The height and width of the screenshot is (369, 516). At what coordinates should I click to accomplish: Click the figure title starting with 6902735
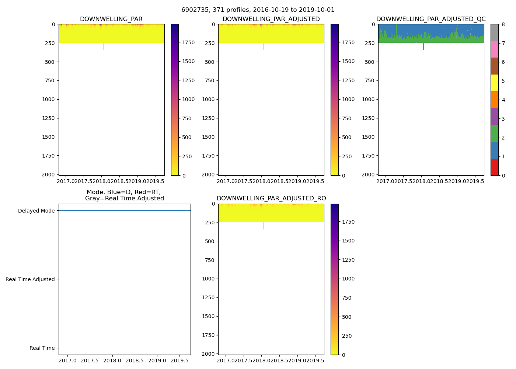tap(258, 10)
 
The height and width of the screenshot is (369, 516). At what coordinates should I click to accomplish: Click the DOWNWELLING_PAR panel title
tap(111, 19)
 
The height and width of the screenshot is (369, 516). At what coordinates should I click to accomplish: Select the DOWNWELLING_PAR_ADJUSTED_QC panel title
tap(430, 19)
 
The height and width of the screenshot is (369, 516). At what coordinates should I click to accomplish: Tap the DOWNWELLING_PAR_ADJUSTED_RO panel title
tap(271, 199)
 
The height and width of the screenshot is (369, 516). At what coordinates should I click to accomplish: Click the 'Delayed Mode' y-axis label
tap(36, 211)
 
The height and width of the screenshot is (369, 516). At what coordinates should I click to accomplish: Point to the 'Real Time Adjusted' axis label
tap(30, 279)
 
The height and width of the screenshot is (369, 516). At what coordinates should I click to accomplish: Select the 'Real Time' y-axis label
tap(42, 348)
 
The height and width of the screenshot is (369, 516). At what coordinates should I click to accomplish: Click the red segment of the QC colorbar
tap(494, 167)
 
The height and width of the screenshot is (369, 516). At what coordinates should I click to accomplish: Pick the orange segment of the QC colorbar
tap(494, 100)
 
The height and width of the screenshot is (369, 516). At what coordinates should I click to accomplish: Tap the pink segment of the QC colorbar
tap(494, 49)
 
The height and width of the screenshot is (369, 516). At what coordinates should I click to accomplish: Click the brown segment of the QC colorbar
tap(494, 66)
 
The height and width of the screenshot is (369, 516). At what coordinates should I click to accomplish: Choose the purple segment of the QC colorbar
tap(494, 116)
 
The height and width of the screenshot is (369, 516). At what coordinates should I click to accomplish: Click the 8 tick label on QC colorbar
tap(503, 25)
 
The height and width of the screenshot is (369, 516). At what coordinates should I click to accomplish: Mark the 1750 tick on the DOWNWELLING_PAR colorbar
tap(188, 43)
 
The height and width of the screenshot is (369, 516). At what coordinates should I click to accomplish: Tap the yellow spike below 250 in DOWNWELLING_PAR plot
tap(103, 46)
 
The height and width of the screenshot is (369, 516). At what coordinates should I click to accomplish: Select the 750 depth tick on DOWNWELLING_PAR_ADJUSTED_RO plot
tap(209, 260)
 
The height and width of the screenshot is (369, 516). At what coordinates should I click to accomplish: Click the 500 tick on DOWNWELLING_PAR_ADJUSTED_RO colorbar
tap(346, 317)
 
